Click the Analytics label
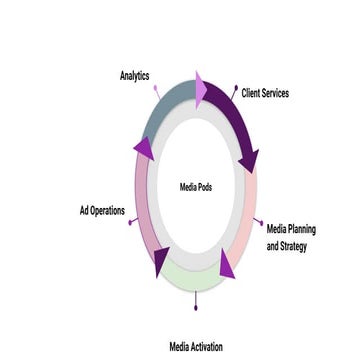pyautogui.click(x=135, y=75)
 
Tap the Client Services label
pyautogui.click(x=265, y=92)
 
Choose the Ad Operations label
pyautogui.click(x=101, y=211)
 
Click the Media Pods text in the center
pyautogui.click(x=195, y=186)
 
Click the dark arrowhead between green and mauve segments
pyautogui.click(x=159, y=261)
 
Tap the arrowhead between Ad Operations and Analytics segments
pyautogui.click(x=144, y=148)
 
